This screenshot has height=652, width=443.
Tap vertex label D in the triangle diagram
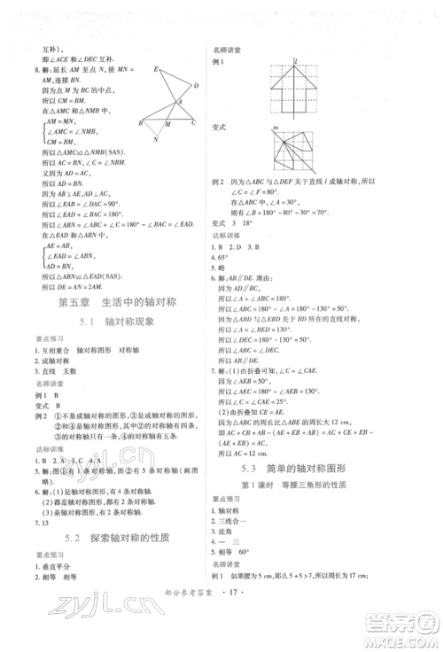pos(195,86)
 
